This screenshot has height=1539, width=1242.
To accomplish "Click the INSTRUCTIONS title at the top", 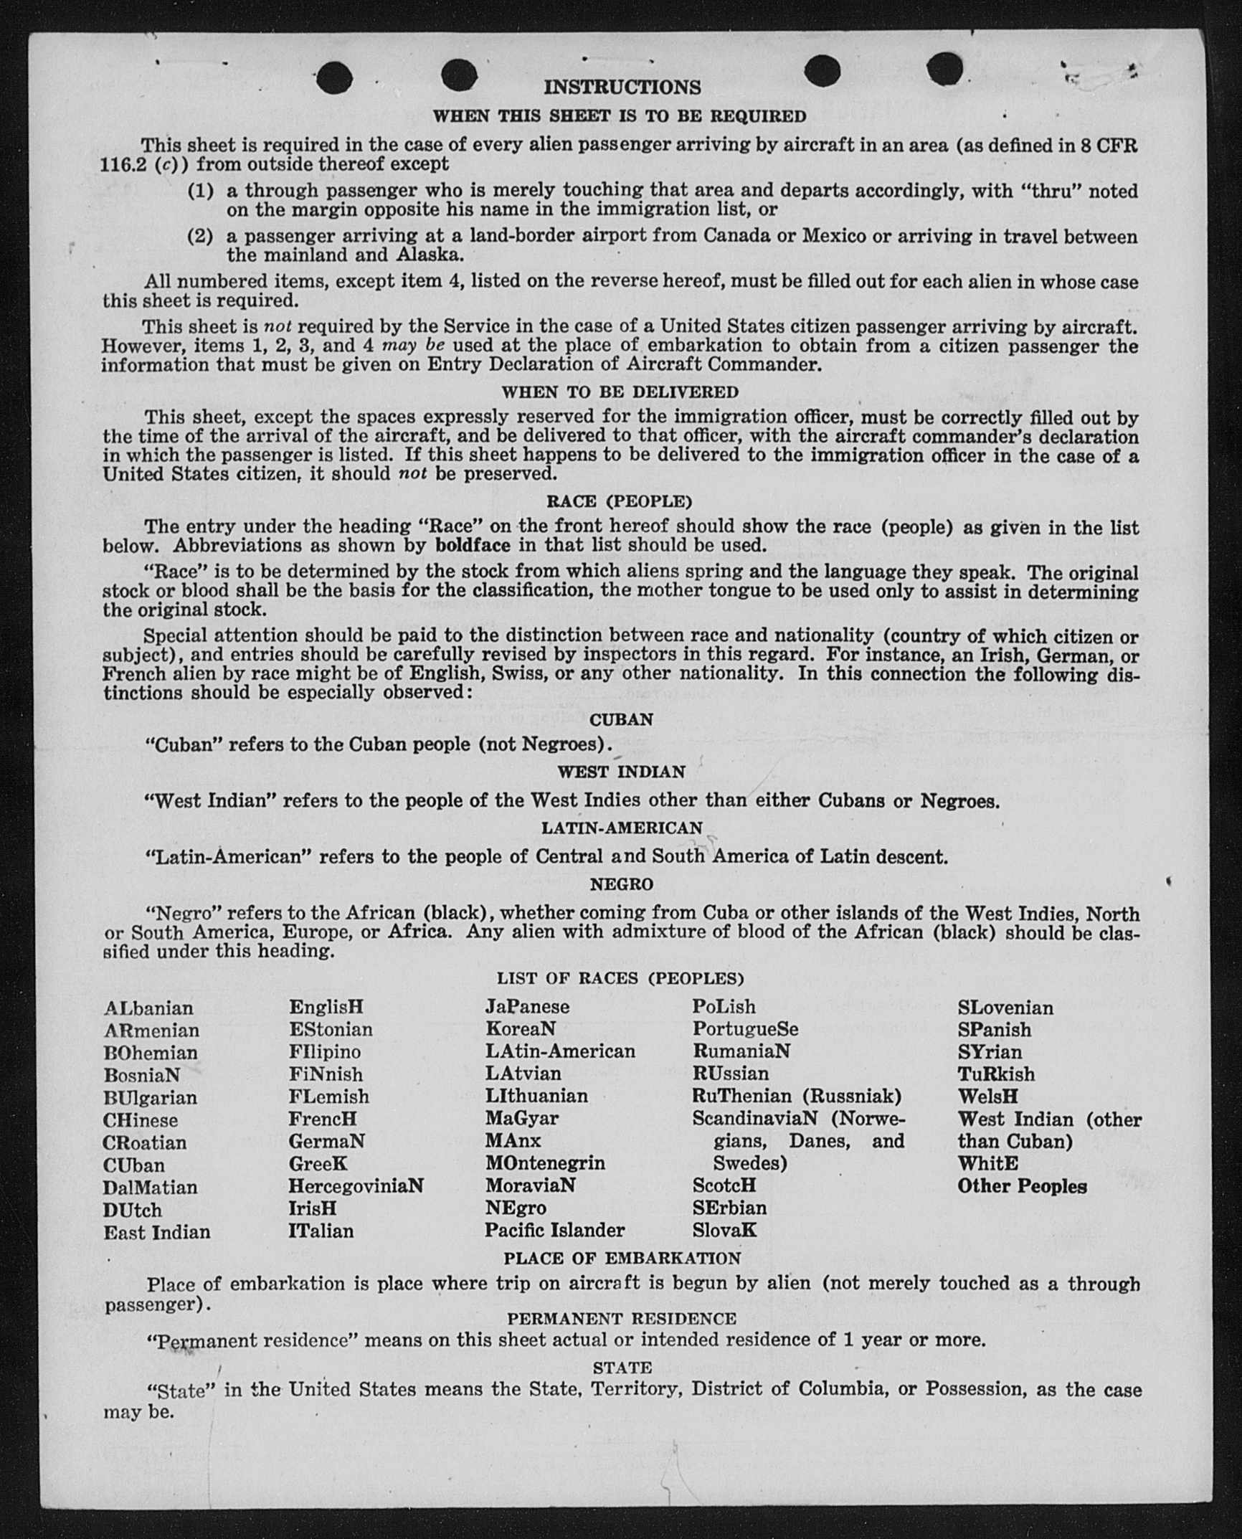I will (622, 87).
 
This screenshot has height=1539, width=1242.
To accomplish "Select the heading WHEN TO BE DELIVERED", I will (620, 392).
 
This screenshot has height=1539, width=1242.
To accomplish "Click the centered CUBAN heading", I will (621, 719).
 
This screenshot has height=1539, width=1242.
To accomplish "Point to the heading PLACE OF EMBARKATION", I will (622, 1259).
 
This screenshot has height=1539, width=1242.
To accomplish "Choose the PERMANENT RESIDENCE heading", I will (622, 1318).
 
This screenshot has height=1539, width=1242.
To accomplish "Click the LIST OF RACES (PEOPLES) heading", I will (620, 978).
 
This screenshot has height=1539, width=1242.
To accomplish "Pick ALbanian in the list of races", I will (148, 1008).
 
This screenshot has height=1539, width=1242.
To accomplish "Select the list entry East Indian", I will (157, 1232).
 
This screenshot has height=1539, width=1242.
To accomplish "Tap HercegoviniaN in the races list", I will (356, 1186).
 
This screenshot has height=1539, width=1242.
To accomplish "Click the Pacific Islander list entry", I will (554, 1231).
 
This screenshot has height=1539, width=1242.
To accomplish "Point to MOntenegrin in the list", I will (545, 1162).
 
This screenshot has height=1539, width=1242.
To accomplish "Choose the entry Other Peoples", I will (1022, 1186).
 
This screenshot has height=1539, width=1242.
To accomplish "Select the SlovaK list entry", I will (724, 1231).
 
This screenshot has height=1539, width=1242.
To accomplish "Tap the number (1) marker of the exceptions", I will (200, 191).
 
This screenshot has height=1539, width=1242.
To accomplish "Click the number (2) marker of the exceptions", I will (200, 236).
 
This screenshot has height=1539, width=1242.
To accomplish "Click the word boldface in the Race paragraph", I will (473, 545).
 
